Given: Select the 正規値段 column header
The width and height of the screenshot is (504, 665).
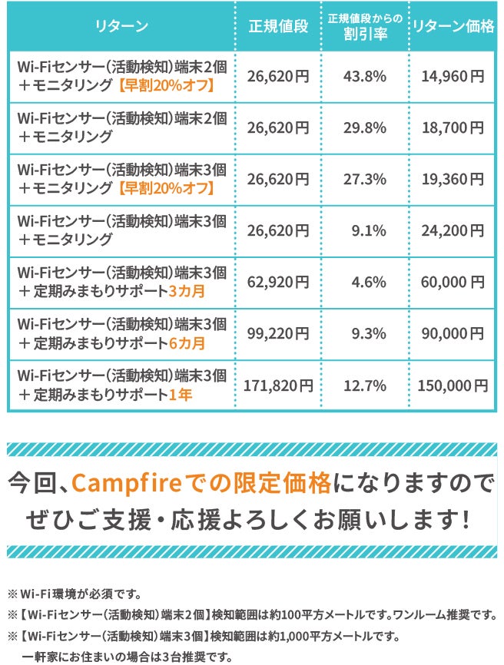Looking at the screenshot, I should pos(278,27).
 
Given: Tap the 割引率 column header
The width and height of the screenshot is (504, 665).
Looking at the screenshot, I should pos(364,35).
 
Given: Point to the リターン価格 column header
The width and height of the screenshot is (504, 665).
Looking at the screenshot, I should pos(453,27).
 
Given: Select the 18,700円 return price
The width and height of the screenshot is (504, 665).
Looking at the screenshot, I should pos(453,127).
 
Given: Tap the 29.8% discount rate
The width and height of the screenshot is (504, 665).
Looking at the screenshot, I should pos(364,127).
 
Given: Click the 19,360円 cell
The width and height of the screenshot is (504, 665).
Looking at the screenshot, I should pos(453,179).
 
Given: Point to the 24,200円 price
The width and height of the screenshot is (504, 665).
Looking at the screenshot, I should pos(453,230).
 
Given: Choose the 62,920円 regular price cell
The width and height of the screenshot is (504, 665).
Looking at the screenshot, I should pos(278,282).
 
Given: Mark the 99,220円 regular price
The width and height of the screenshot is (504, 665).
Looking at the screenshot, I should pos(278,333).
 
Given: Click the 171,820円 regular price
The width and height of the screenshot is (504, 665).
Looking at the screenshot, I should pos(278,385).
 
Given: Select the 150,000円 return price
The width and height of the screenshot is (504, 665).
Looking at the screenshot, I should pos(453,385).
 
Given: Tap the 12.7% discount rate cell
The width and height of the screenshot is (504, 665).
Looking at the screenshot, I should pos(364,385).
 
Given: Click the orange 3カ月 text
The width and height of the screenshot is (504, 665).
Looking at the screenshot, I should pos(186,291).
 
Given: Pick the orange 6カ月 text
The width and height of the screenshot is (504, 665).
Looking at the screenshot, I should pos(186,342).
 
